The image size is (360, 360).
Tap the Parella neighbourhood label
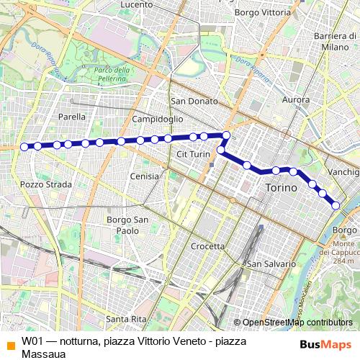[72, 116]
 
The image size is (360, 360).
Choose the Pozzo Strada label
[46, 184]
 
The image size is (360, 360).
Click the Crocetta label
[208, 246]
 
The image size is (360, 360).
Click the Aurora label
[297, 100]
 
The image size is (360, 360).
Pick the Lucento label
[137, 4]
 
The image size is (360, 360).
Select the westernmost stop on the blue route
[24, 147]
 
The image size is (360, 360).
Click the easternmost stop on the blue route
[336, 206]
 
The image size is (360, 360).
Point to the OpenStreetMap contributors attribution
[297, 323]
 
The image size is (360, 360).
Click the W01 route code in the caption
[34, 341]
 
